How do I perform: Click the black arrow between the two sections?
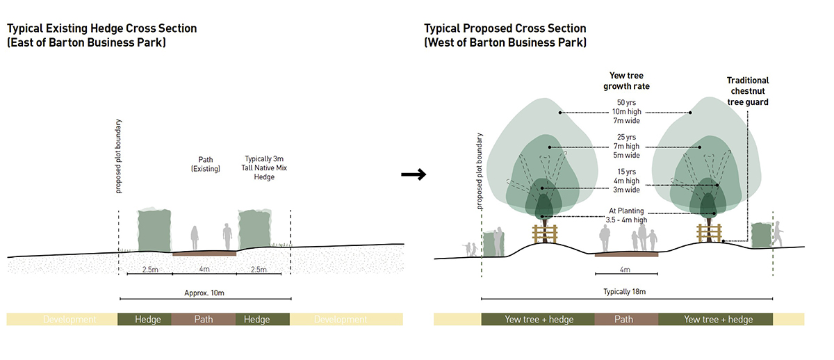coord(414,175)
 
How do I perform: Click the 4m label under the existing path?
coord(204,270)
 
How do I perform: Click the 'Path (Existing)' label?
coord(205,164)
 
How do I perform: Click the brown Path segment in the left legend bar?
coord(203,320)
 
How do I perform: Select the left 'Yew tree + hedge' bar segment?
coord(538,320)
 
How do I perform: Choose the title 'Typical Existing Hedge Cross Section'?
coord(102,28)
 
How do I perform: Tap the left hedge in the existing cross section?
coord(154,229)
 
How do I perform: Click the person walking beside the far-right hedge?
coord(777,234)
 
